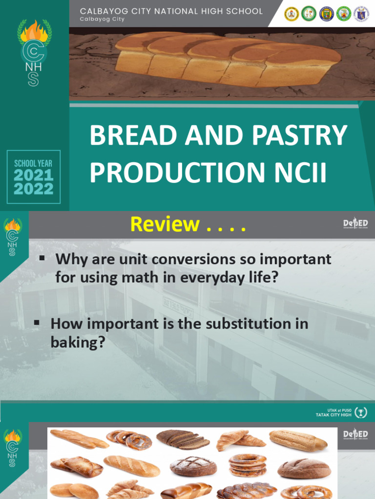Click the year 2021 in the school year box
(33, 175)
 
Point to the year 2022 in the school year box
(33, 189)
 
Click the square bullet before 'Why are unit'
(42, 257)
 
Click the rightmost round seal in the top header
(361, 14)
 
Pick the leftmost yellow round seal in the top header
(292, 14)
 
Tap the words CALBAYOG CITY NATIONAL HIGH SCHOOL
(171, 11)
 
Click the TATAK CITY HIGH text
(333, 415)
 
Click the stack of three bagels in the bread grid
(248, 465)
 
